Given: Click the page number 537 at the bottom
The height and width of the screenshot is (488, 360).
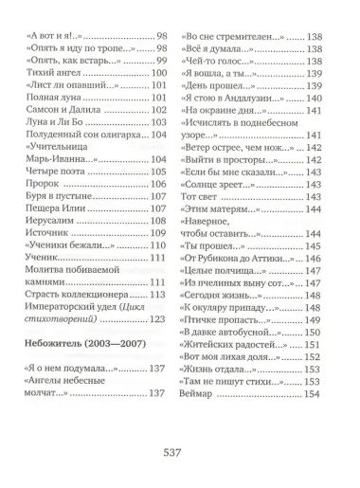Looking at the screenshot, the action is tap(180, 452).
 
